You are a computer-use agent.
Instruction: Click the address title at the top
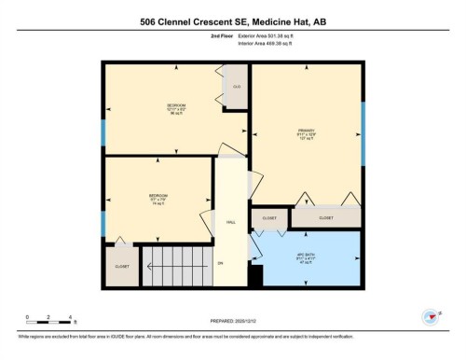coord(233,21)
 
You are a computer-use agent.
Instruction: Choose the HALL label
coord(229,221)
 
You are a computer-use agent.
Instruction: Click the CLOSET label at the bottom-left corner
coord(122,266)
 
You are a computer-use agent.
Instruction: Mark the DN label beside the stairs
coord(221,264)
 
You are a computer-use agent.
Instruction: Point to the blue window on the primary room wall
coord(363,119)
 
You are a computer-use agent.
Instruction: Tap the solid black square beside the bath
coord(257,275)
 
